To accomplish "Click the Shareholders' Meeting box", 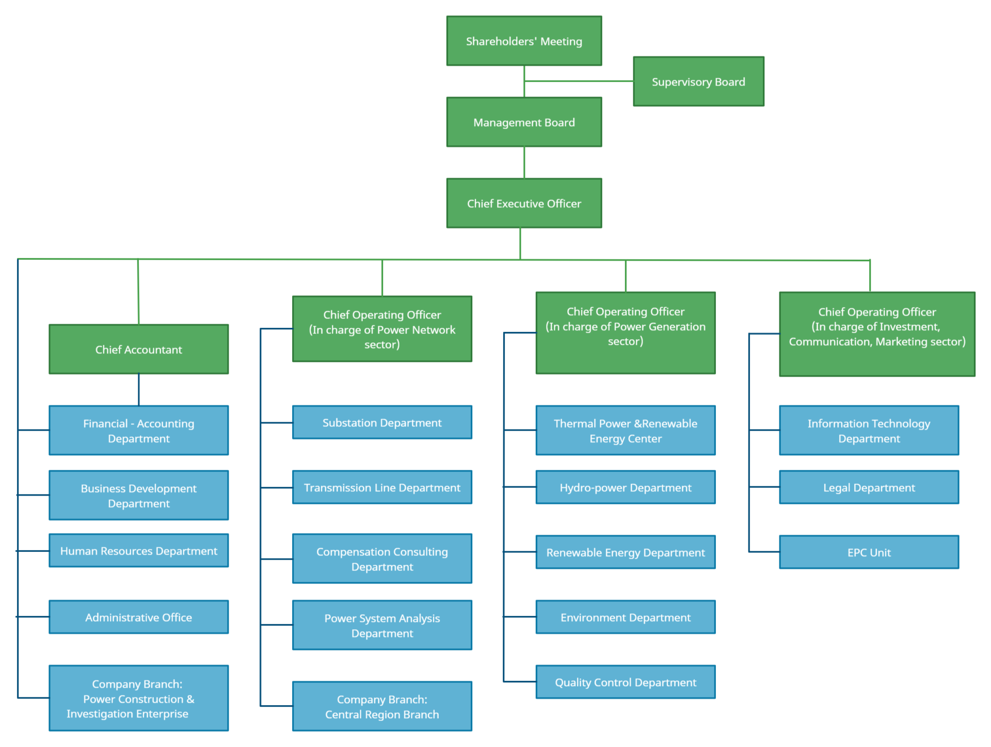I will click(524, 41).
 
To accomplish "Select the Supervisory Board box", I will click(698, 82).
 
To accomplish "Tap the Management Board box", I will click(524, 122).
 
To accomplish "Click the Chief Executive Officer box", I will click(524, 203).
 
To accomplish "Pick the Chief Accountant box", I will click(138, 349).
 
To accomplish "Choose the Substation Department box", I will click(382, 423).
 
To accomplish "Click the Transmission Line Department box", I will click(382, 487).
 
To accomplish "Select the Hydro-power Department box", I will click(626, 487).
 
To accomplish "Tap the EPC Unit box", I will click(869, 552).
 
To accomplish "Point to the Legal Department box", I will click(869, 487).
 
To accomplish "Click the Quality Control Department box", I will click(626, 682).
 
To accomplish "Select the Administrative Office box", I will click(138, 617).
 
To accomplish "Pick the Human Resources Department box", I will click(138, 551).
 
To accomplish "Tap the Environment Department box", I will click(626, 617).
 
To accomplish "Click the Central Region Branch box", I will click(382, 707).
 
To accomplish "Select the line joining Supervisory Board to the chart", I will click(578, 81).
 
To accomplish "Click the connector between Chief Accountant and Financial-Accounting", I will click(139, 390).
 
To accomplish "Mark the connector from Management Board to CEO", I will click(524, 163).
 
